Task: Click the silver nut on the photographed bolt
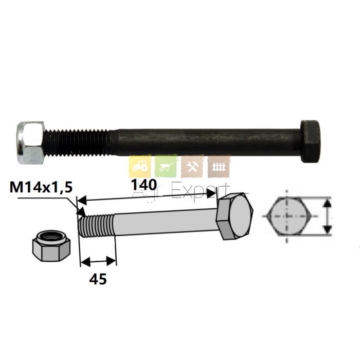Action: [31, 142]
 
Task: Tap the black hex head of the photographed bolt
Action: [311, 141]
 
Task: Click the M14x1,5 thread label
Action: [41, 187]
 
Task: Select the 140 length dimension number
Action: [143, 185]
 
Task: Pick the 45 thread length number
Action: [98, 279]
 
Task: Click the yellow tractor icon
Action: [140, 166]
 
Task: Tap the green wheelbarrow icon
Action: [166, 166]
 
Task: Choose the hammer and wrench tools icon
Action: [192, 166]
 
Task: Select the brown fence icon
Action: [219, 166]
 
